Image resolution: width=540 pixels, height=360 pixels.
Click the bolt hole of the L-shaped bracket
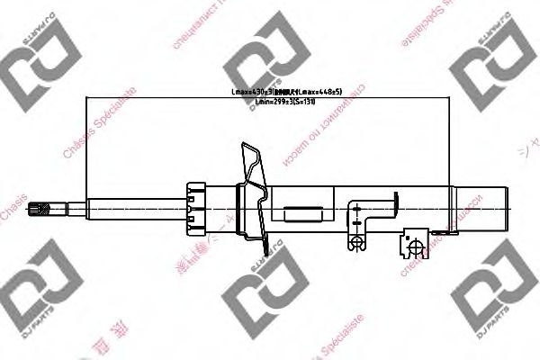click(x=357, y=240)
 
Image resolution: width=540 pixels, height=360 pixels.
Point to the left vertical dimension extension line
click(x=85, y=148)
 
